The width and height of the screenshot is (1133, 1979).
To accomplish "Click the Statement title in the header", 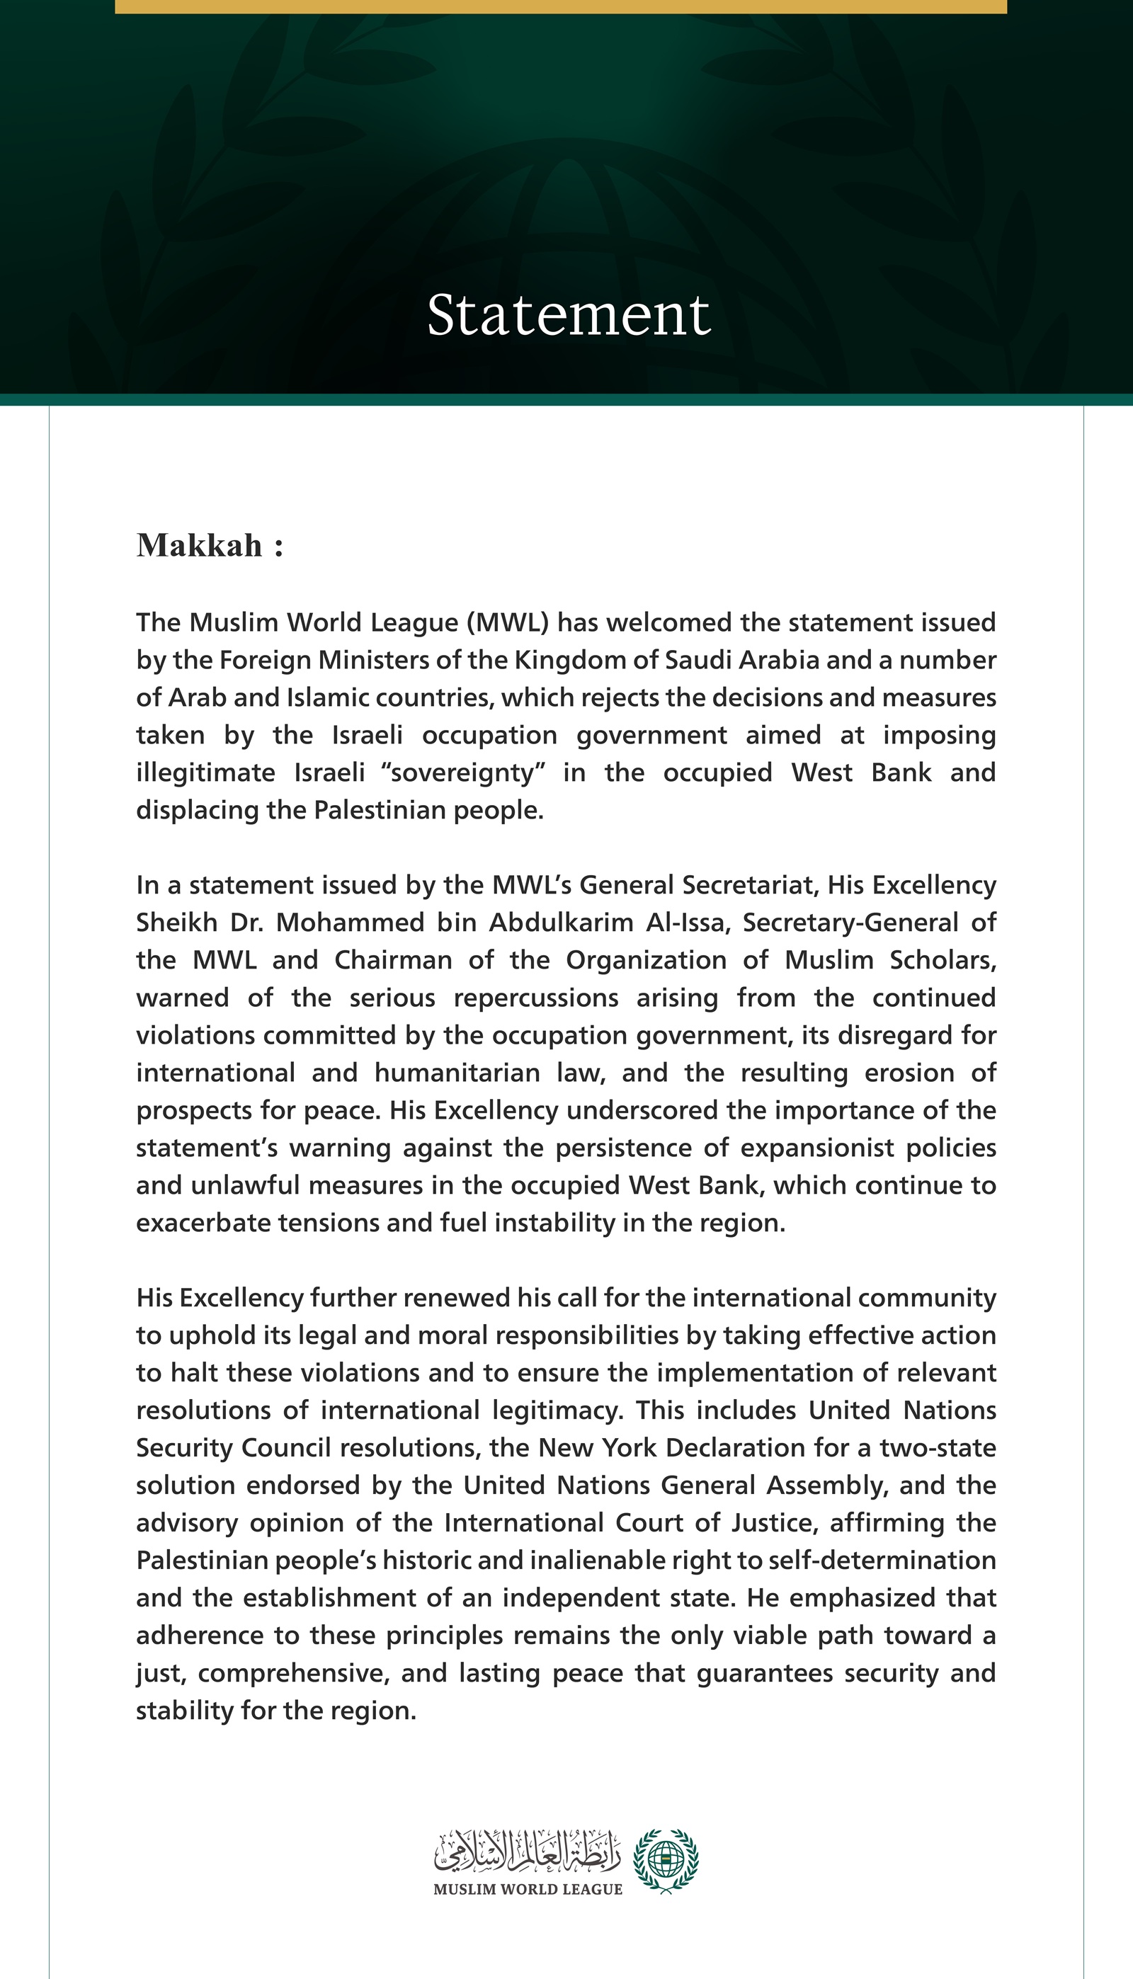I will pos(569,315).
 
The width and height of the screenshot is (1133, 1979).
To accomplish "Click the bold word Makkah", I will pos(200,545).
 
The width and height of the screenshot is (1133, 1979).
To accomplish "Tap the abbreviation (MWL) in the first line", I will pos(509,622).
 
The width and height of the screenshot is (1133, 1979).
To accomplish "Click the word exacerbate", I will pos(207,1223).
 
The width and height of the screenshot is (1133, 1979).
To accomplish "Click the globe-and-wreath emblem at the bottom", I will pos(666,1861).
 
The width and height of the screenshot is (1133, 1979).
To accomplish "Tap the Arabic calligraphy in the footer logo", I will pos(528,1852).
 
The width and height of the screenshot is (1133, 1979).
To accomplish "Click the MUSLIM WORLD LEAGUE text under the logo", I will pos(528,1890).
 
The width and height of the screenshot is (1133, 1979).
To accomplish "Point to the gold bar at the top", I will pos(560,6).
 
